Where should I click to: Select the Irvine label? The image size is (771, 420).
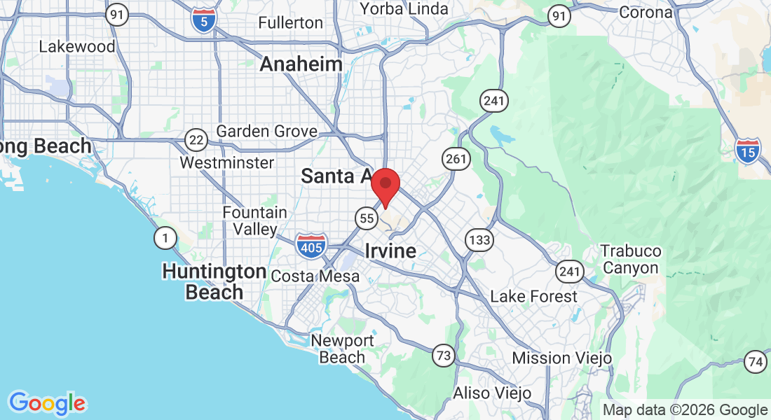pos(390,251)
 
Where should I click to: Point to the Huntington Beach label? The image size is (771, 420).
pos(214,281)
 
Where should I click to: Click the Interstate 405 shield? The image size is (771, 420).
pos(310,246)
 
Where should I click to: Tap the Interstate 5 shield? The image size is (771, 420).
pos(203,18)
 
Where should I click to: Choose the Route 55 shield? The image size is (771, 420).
pos(367,218)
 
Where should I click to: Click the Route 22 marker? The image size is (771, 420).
pos(197,140)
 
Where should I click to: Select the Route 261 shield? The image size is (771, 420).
pos(456,159)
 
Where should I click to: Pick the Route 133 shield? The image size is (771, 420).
pos(480,241)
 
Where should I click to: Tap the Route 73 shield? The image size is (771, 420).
pos(443,355)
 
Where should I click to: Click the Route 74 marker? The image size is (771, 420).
pos(755,361)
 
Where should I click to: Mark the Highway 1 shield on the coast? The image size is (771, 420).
pos(165,239)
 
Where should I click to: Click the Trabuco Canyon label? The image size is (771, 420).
pos(632,259)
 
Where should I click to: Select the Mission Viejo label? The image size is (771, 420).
pos(562,358)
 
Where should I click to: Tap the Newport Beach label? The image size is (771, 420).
pos(342,349)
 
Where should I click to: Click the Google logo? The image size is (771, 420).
pos(47,403)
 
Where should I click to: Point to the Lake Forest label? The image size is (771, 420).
pos(534,296)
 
